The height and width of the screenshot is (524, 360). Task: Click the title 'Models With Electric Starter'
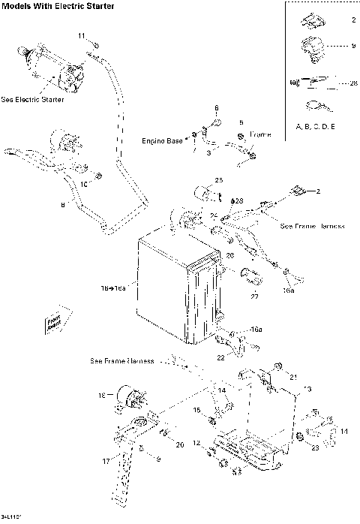[x=58, y=7]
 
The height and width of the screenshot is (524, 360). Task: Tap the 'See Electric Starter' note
[x=32, y=99]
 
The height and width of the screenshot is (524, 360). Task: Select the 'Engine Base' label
[x=163, y=140]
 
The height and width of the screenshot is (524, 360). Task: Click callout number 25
[x=219, y=180]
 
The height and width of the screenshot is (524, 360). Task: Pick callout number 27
[x=254, y=297]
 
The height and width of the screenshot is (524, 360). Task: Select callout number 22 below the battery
[x=220, y=357]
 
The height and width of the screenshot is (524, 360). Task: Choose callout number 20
[x=180, y=445]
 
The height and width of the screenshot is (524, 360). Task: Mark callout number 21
[x=294, y=376]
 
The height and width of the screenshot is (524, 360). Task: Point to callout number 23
[x=315, y=447]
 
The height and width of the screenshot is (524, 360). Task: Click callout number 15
[x=197, y=411]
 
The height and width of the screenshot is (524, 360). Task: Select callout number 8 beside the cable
[x=62, y=203]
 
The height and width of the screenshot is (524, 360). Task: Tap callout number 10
[x=85, y=183]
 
